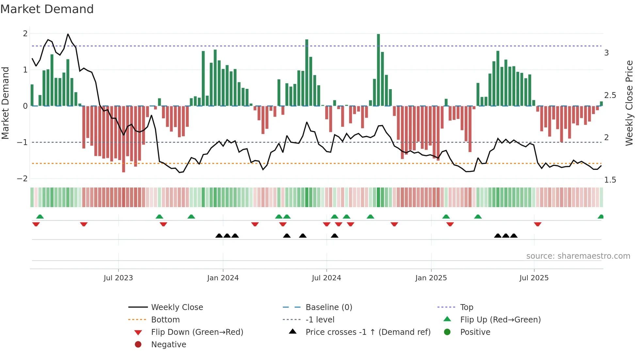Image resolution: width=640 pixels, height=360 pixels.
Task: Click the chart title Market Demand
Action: point(47,9)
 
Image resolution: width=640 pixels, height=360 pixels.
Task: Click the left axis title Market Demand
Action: point(5,103)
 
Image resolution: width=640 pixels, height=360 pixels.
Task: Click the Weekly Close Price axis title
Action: point(629,103)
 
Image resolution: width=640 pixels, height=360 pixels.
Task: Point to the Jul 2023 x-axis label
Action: point(118,278)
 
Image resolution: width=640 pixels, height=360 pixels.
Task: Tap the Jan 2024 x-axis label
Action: point(223,278)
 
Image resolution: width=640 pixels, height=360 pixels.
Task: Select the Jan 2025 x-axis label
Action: point(431,278)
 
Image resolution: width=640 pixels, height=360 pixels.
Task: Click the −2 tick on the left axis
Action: point(23,179)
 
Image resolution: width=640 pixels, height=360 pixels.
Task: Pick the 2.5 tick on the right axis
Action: point(610,95)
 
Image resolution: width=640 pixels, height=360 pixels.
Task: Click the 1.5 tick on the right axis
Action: point(610,180)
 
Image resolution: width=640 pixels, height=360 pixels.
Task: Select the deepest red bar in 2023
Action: point(123,139)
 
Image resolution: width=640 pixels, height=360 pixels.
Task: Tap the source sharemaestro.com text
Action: point(578,256)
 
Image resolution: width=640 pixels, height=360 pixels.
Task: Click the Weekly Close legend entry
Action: point(177,307)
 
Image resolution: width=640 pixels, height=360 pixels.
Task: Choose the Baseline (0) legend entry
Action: point(328,307)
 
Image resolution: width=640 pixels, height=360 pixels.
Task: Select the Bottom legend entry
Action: point(165,320)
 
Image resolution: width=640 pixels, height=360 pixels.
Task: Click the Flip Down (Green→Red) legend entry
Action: point(197,332)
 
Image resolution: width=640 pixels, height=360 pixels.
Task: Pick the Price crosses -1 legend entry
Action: point(368,332)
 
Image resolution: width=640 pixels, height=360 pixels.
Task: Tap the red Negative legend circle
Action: point(138,345)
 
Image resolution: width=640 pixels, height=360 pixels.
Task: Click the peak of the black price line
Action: point(68,34)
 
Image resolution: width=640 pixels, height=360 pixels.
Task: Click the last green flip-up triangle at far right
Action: point(600,217)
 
